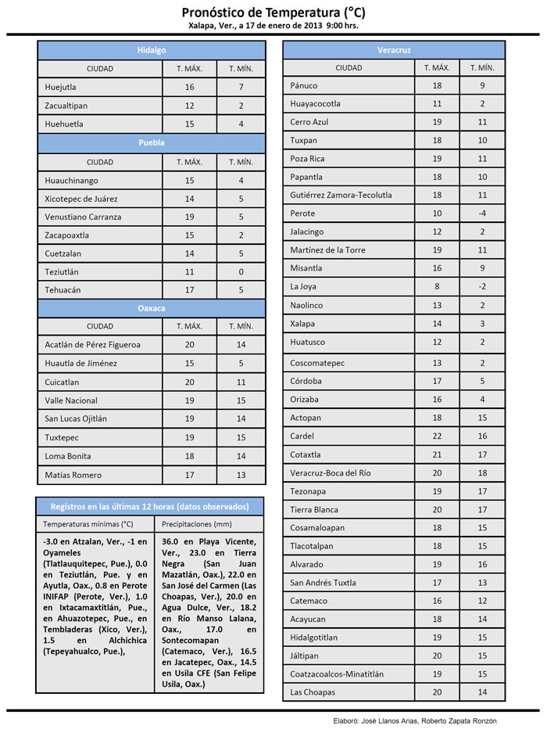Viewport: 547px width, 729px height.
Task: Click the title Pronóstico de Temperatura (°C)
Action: [273, 13]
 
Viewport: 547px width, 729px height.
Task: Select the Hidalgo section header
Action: [152, 50]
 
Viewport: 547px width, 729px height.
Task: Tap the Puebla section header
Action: [152, 143]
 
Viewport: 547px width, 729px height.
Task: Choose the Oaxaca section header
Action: [152, 308]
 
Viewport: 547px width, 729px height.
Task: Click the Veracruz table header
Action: [394, 50]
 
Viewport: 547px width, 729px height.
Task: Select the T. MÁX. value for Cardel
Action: [437, 436]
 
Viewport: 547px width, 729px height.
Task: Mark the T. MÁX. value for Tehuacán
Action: [189, 290]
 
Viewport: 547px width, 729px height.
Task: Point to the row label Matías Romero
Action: [73, 475]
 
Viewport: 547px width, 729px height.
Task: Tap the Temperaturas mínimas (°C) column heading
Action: [88, 524]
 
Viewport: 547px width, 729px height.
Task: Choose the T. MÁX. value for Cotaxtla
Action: [437, 454]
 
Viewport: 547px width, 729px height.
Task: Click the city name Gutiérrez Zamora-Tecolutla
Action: [341, 195]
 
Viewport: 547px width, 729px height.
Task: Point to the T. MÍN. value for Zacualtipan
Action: [241, 106]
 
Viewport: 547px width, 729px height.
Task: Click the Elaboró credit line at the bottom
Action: [409, 720]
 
